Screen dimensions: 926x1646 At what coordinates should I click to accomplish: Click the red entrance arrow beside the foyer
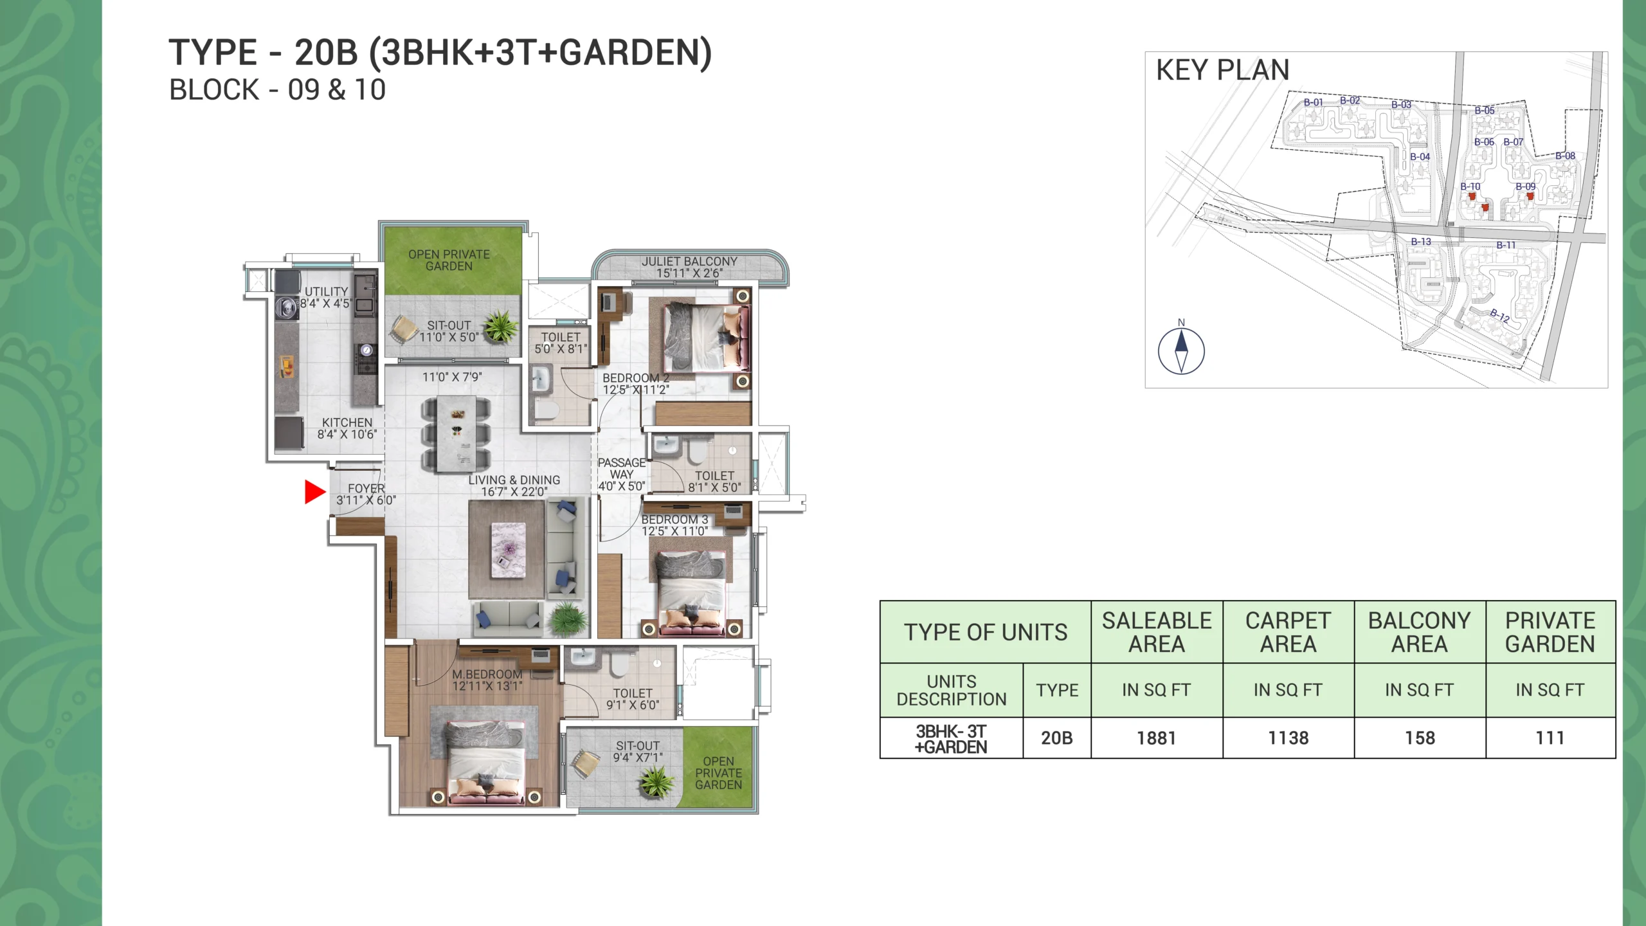(314, 492)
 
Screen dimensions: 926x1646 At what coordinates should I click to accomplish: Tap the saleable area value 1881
(1156, 738)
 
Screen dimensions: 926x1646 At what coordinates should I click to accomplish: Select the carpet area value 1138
(1288, 738)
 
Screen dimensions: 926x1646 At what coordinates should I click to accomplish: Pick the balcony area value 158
(1420, 738)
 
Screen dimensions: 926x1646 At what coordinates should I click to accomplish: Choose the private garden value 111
(1550, 738)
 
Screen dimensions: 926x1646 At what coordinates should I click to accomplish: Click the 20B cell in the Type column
(1056, 738)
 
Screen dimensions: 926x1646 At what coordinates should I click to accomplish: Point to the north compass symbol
(1181, 350)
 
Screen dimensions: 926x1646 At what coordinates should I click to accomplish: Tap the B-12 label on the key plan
(1499, 315)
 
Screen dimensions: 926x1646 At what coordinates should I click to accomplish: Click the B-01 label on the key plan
(1313, 103)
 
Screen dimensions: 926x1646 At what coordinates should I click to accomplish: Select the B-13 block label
(1421, 242)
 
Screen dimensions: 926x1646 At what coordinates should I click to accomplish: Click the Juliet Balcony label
(689, 262)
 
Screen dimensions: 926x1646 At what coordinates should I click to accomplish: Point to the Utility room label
(326, 292)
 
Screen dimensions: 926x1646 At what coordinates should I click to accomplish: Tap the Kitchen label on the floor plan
(347, 422)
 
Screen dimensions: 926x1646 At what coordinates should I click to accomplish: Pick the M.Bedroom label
(487, 674)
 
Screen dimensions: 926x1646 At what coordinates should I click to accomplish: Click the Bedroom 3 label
(674, 520)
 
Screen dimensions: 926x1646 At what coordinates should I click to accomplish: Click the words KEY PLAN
(1222, 70)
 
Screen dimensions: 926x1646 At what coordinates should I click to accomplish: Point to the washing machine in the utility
(287, 307)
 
